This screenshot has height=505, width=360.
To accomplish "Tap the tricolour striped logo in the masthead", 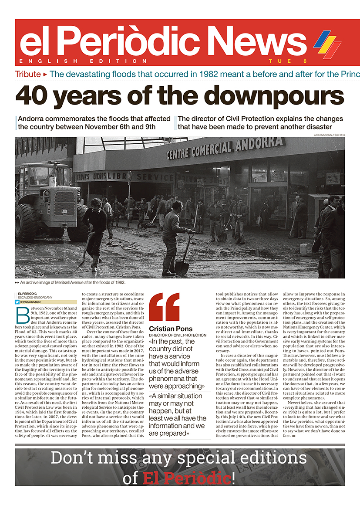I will click(x=327, y=44).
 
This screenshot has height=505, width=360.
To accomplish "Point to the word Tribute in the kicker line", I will click(x=28, y=74).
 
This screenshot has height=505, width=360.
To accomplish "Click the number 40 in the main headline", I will click(x=33, y=95).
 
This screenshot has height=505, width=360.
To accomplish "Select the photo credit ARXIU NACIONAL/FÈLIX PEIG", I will click(x=329, y=136).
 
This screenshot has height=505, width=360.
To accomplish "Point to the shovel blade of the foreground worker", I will click(x=182, y=268).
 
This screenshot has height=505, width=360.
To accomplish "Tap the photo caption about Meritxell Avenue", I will click(x=78, y=282).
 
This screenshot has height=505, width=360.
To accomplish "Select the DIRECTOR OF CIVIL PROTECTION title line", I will click(x=177, y=335).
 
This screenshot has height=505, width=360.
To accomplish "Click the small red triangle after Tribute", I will click(x=45, y=74).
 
